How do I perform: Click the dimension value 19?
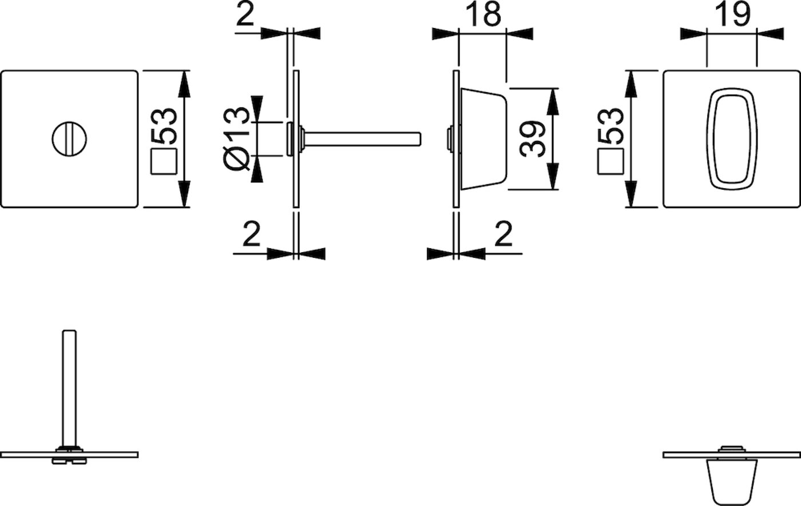click(732, 14)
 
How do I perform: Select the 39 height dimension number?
click(533, 139)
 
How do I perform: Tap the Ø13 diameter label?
click(236, 139)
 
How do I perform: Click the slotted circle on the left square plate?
click(69, 138)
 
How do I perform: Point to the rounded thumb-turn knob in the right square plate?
click(732, 138)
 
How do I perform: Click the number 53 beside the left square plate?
click(164, 126)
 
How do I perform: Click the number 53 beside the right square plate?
click(610, 126)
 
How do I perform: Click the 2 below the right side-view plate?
click(503, 234)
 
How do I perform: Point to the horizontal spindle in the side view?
click(362, 139)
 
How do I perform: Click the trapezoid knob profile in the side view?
click(484, 138)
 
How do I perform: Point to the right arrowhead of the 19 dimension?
click(770, 34)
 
